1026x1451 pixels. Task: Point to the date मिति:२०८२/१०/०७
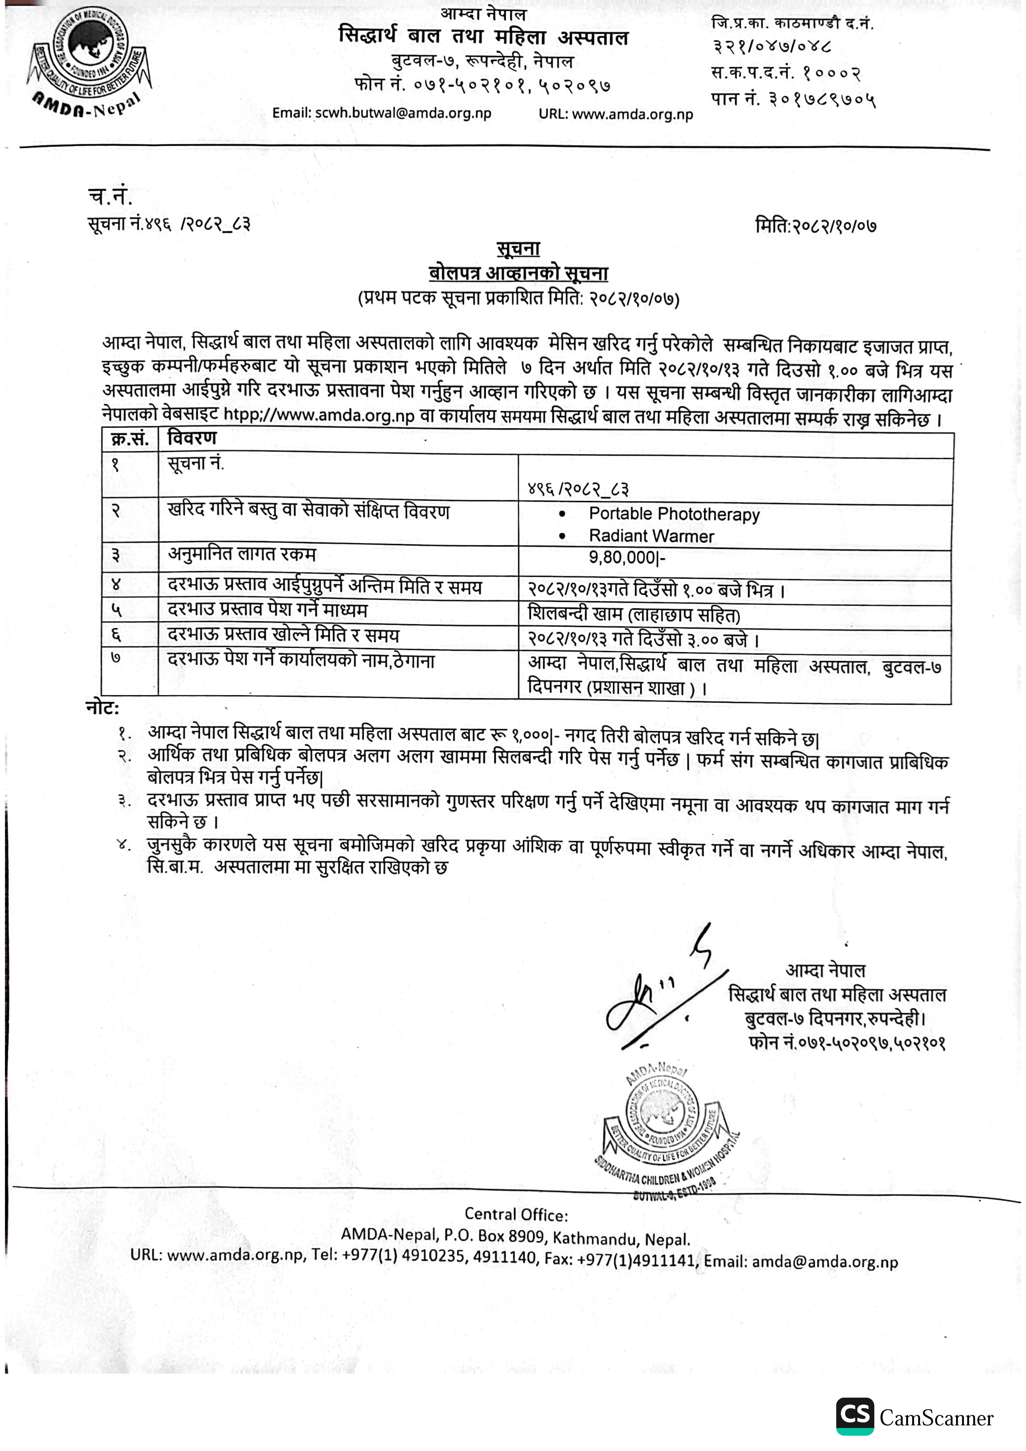816,226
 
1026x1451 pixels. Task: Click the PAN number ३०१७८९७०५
822,99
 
